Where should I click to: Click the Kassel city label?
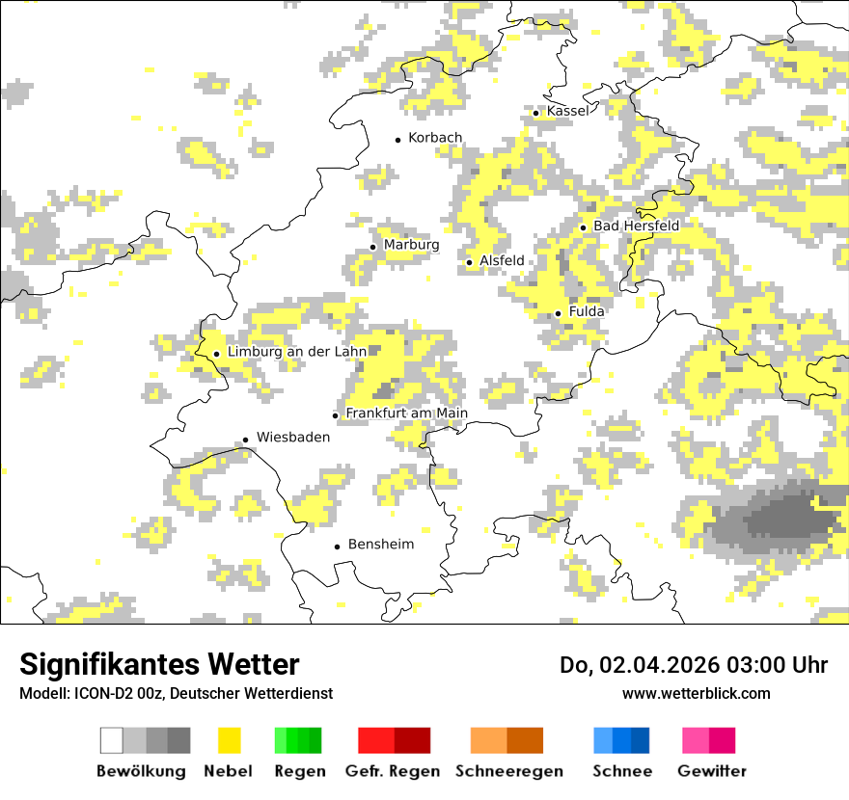567,112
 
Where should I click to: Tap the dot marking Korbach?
397,140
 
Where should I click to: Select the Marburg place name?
411,245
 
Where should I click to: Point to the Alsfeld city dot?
469,262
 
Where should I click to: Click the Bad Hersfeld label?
636,226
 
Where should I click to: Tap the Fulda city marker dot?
558,313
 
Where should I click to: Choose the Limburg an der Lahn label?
297,352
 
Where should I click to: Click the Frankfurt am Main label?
406,413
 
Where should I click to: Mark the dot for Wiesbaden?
245,440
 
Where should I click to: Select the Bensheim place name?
380,545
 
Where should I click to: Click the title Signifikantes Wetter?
159,665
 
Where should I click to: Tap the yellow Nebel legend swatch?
229,740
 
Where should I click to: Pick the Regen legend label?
299,771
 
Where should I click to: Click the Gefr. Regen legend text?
393,771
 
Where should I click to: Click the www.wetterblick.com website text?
696,693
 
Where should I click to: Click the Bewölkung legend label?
141,771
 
